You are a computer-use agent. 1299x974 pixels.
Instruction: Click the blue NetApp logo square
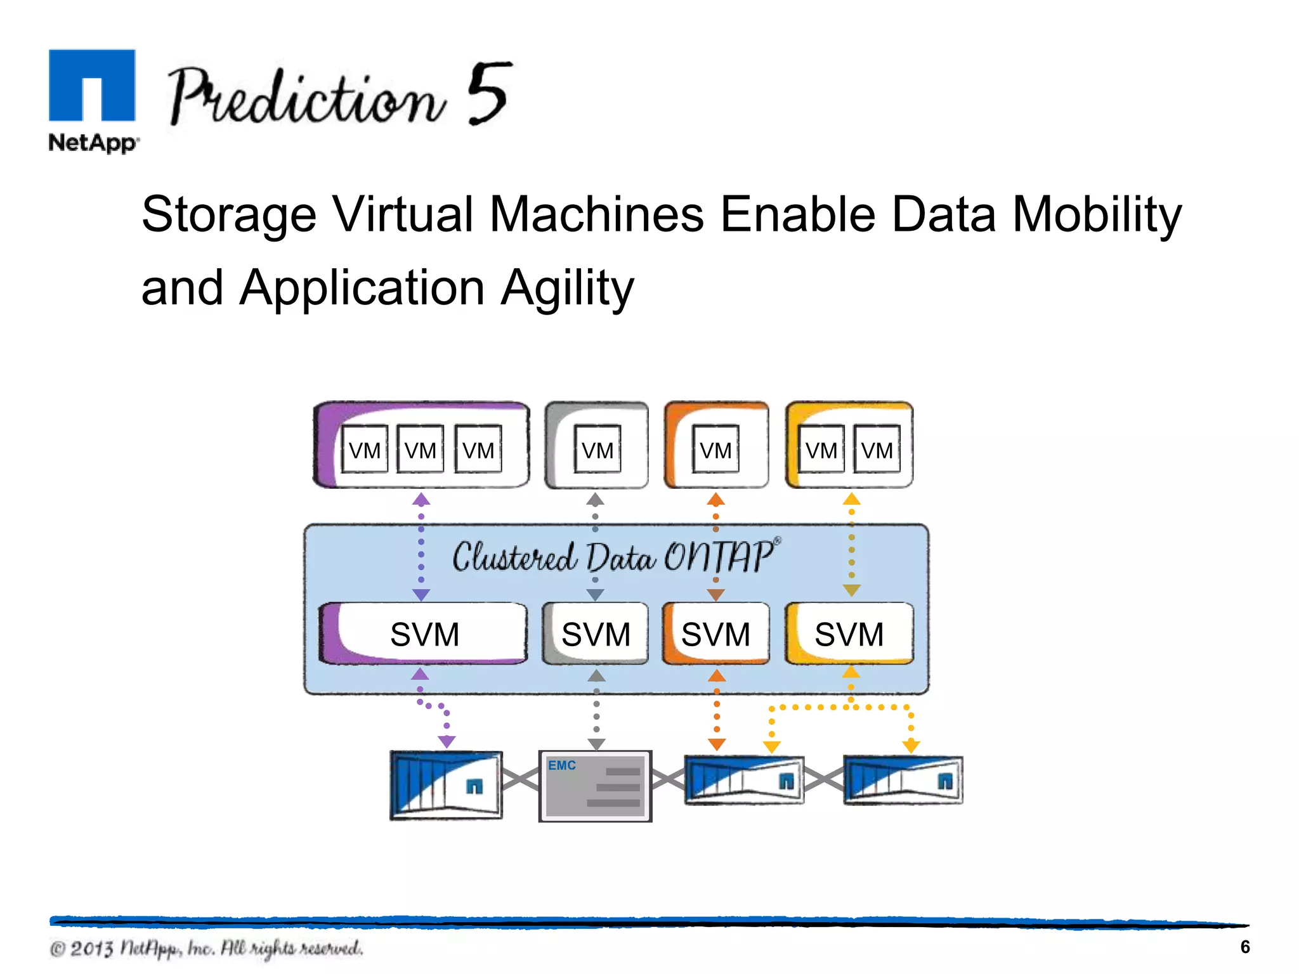pos(92,85)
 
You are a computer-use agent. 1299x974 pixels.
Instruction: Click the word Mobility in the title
pos(1097,214)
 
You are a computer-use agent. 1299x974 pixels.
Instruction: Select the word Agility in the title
pos(567,288)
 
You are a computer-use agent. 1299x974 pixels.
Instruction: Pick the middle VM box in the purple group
pos(420,450)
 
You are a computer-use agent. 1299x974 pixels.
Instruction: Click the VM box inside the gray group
pos(597,450)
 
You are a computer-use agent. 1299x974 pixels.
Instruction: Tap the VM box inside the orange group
pos(715,450)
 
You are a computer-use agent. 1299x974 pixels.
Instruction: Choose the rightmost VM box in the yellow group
pos(877,450)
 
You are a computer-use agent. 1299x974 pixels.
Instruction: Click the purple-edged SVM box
pos(424,633)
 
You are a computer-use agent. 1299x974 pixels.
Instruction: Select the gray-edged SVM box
pos(596,633)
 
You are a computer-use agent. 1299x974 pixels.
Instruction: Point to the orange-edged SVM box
pos(715,633)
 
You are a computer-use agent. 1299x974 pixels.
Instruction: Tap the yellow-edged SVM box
pos(849,633)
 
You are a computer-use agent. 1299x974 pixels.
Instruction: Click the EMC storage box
pos(595,786)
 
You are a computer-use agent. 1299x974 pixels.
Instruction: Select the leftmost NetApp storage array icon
pos(446,785)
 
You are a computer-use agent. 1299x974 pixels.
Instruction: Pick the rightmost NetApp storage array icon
pos(903,780)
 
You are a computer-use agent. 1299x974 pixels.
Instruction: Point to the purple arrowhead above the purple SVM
pos(421,595)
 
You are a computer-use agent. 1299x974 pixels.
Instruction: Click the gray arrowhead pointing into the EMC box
pos(596,743)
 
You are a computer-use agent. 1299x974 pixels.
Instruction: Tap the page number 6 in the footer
pos(1244,947)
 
